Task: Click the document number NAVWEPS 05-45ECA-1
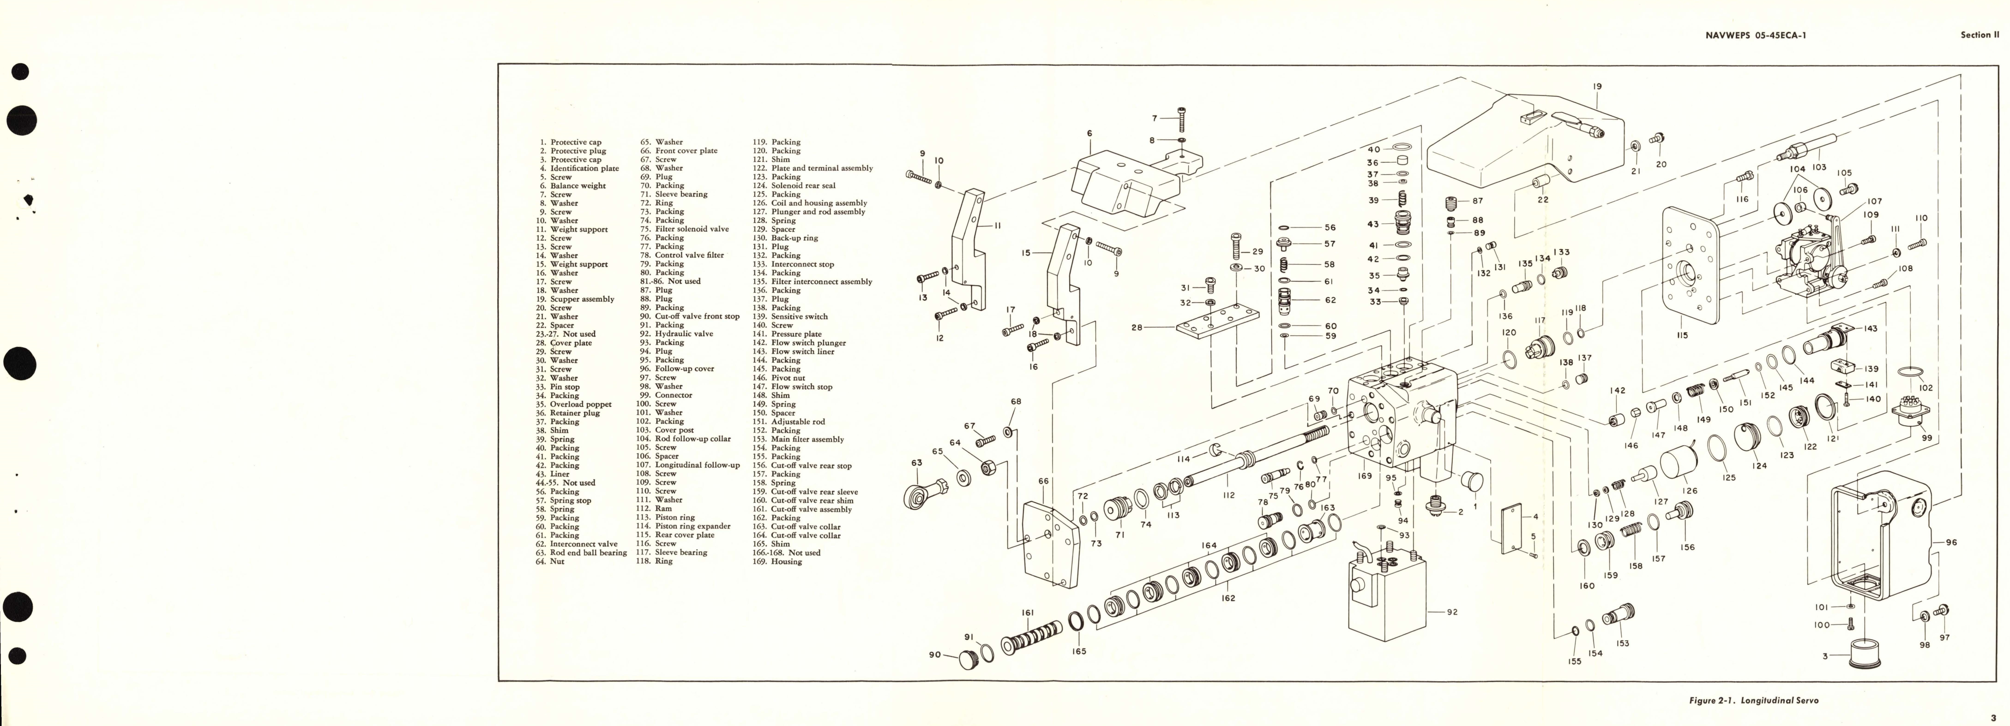[1750, 35]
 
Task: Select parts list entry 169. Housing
[776, 561]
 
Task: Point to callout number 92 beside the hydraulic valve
[1451, 612]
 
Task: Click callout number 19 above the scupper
[1597, 87]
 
